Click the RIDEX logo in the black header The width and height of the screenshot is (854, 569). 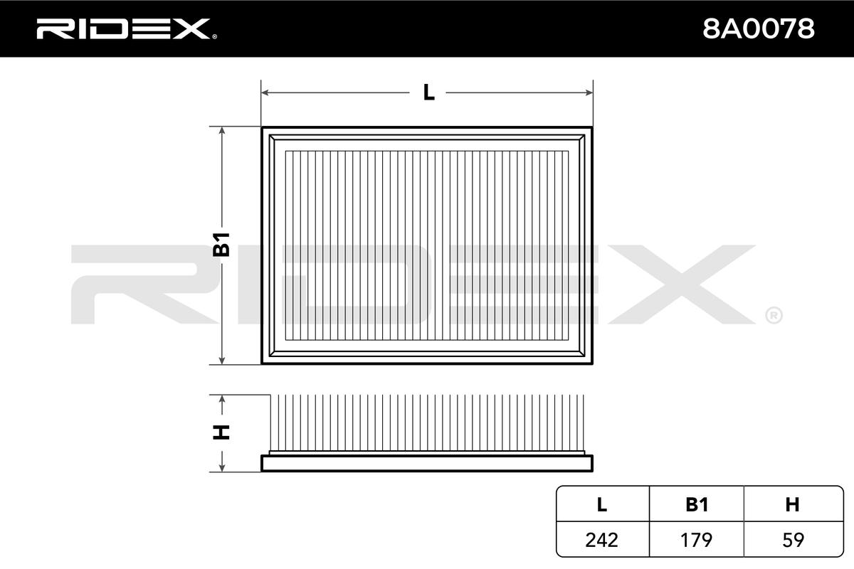point(127,29)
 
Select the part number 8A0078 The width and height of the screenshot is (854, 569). point(759,29)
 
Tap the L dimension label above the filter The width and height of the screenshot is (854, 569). point(429,92)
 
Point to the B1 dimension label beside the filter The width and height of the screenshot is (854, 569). point(221,244)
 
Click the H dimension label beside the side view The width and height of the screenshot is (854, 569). point(221,432)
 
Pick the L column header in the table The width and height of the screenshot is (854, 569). point(601,504)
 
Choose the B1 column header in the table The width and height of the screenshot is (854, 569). point(697,504)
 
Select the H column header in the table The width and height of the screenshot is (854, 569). point(792,504)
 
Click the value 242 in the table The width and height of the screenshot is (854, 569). point(601,540)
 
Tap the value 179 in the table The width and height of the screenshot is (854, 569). point(696,540)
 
